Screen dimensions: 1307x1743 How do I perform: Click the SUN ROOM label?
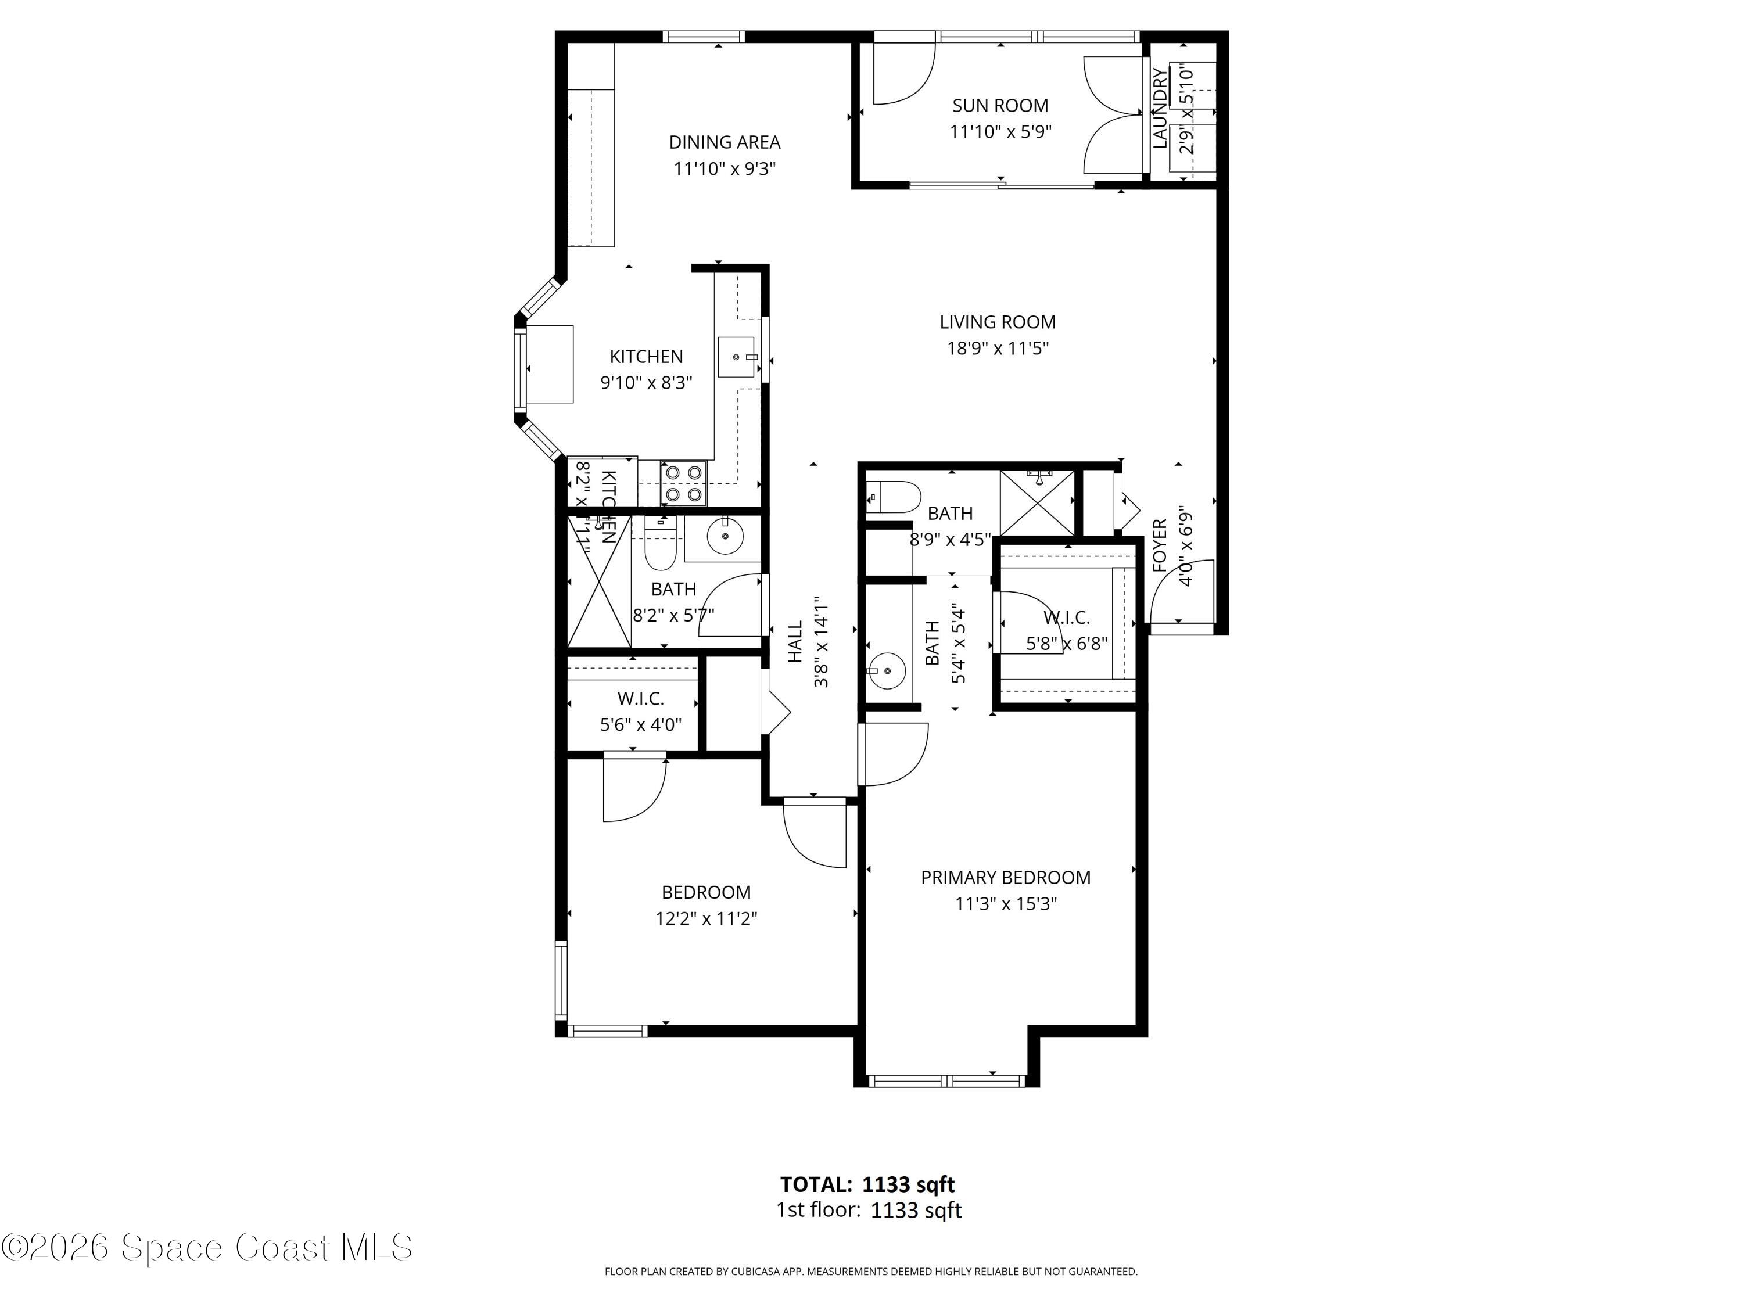tap(1000, 106)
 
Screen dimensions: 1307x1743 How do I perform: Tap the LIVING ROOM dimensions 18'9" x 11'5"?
tap(998, 348)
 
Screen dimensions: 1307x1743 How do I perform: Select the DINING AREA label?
tap(724, 142)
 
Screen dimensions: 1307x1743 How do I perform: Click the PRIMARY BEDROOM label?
tap(1006, 878)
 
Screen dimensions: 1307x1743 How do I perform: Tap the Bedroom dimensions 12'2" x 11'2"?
tap(706, 918)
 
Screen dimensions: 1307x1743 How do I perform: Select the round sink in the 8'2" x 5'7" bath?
tap(724, 537)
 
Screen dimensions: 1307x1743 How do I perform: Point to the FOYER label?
tap(1159, 545)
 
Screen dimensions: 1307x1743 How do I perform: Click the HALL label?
tap(795, 641)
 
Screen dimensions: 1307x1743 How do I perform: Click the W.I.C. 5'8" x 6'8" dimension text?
tap(1066, 644)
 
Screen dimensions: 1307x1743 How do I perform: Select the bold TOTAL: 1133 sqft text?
tap(867, 1184)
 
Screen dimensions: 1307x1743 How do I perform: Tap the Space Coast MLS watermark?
tap(206, 1247)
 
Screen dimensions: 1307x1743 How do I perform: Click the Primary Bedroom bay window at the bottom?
tap(946, 1081)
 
